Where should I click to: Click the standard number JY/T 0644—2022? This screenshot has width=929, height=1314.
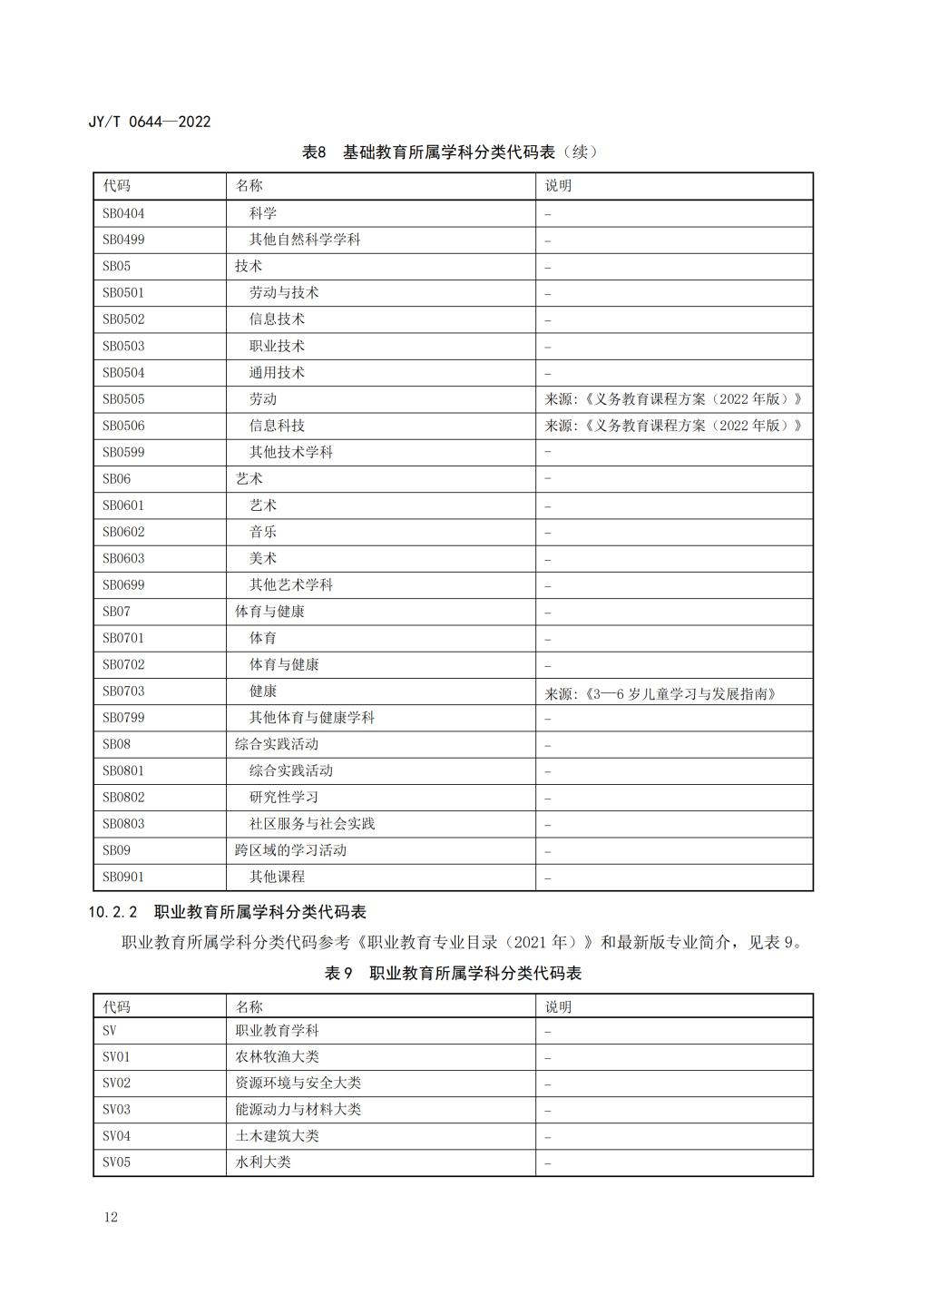coord(150,122)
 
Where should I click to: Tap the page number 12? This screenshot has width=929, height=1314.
coord(111,1217)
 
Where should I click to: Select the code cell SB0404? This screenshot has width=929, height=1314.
coord(123,213)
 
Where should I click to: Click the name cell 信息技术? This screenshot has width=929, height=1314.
coord(277,319)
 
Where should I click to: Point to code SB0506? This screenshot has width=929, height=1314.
coord(123,426)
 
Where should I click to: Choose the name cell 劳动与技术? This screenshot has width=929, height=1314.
coord(284,292)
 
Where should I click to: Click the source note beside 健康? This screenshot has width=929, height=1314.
coord(660,693)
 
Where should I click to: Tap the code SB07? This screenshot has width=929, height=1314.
coord(116,612)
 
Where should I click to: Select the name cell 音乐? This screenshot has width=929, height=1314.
coord(263,532)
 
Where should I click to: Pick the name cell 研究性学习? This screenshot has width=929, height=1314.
coord(284,797)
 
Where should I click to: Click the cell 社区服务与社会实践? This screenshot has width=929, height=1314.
coord(312,824)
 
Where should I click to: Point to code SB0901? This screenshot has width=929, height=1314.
coord(123,877)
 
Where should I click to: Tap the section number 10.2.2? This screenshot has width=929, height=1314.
coord(112,912)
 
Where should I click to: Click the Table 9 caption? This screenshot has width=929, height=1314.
coord(453,974)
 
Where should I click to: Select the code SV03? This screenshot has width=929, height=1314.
coord(116,1109)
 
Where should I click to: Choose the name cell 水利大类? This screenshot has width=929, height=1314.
coord(263,1162)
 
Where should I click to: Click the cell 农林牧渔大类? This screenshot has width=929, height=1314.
coord(277,1056)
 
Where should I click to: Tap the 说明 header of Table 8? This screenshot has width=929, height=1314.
coord(558,186)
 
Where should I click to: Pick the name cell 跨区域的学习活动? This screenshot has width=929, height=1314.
coord(290,850)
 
